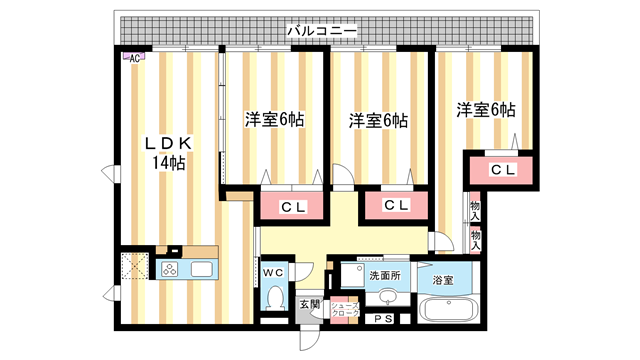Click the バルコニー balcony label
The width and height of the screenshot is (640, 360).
[x=321, y=31]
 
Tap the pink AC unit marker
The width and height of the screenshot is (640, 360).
[x=134, y=58]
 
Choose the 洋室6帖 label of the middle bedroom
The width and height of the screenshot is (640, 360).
[x=377, y=121]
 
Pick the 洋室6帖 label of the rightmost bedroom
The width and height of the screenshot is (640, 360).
[x=486, y=110]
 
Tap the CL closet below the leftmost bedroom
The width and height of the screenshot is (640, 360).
[x=292, y=207]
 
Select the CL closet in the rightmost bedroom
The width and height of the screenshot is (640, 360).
[x=502, y=170]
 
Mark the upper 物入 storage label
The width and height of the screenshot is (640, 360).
[x=475, y=212]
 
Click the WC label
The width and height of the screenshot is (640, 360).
[x=273, y=271]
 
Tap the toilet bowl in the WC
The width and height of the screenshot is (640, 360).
[x=275, y=298]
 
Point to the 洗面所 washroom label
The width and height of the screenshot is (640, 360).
[x=383, y=275]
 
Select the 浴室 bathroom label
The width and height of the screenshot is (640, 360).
[x=442, y=281]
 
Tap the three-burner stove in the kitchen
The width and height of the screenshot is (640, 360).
[x=168, y=269]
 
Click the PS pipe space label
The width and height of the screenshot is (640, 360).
[x=382, y=320]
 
